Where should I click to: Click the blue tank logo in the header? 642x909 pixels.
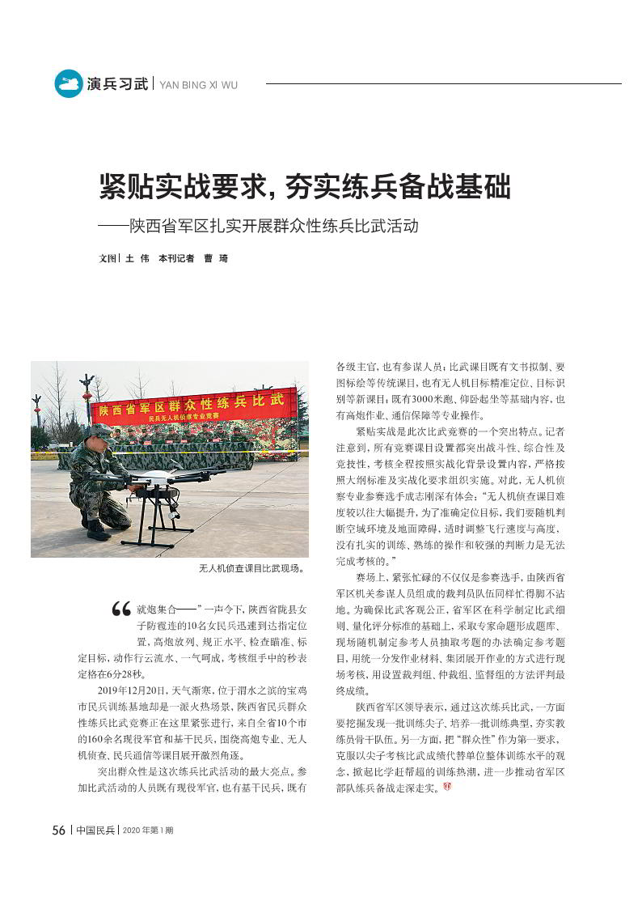68,83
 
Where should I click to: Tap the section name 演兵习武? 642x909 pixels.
118,83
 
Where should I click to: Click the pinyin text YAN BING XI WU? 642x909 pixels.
199,84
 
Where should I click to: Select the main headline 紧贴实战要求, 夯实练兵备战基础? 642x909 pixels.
305,186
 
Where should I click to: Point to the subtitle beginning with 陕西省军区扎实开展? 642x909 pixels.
275,225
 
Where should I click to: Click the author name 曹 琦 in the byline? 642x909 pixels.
216,258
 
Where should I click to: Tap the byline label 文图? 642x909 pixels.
107,258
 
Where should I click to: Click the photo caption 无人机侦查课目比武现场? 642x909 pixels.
251,569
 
